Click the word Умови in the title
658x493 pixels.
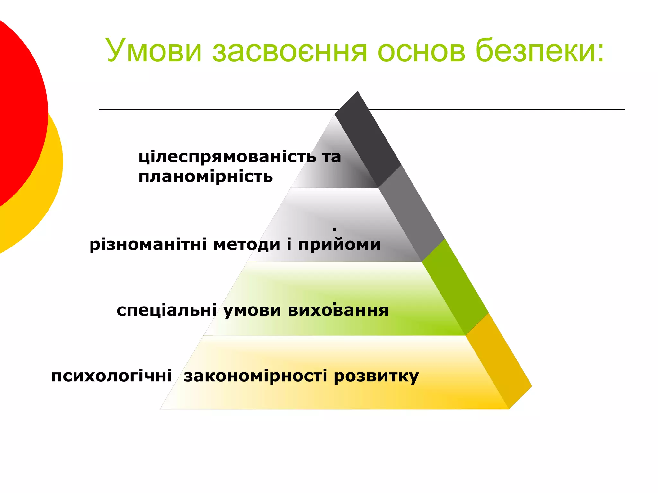154,51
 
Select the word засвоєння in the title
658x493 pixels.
289,51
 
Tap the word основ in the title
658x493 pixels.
421,51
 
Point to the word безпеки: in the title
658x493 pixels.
540,51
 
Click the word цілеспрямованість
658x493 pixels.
227,157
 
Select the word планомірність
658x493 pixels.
206,177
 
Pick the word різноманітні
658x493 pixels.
148,245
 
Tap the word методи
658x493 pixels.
247,245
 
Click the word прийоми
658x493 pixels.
339,245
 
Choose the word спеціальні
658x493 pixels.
166,310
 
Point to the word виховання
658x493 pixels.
338,310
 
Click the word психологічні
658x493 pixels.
111,376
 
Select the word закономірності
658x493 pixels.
255,376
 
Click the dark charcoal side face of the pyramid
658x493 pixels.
368,138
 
